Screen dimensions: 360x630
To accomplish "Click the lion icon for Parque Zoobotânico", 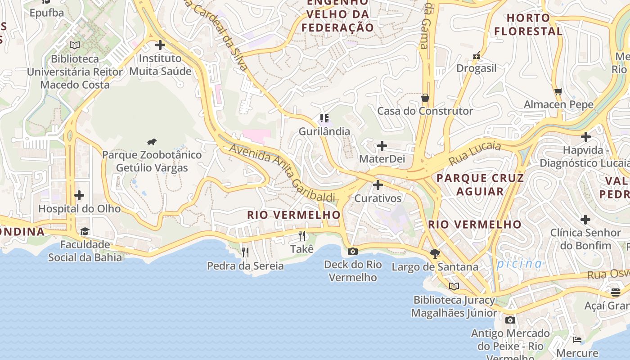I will coord(152,142).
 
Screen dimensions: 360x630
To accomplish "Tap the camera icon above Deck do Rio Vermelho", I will coord(353,251).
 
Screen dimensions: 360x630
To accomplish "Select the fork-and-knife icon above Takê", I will coord(302,235).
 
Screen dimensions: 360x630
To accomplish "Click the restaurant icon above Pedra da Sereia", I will coord(245,252).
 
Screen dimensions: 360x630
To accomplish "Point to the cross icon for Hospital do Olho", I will coord(79,195).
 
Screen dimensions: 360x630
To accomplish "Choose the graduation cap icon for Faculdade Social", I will coord(85,231).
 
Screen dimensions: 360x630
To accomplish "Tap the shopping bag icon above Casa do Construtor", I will coord(425,98).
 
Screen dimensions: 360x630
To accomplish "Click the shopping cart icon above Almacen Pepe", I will coord(558,91).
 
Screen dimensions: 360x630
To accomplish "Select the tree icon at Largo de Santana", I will coord(435,254).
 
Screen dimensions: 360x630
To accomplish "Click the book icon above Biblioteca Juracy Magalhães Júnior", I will coord(454,286).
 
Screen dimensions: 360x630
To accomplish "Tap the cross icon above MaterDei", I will coord(382,146).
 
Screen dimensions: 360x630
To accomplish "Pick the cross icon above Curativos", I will coord(378,185).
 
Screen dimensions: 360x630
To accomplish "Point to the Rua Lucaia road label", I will coord(475,153).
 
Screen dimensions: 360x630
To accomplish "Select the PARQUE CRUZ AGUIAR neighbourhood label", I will coord(480,184).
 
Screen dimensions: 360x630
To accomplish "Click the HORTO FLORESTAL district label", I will coord(528,24).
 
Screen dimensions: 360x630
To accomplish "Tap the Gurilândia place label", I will coord(324,131).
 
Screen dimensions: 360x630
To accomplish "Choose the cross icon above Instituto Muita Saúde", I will coord(160,45).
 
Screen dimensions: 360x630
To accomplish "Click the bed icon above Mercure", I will coord(577,339).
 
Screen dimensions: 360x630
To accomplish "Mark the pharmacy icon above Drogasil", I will coord(477,55).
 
